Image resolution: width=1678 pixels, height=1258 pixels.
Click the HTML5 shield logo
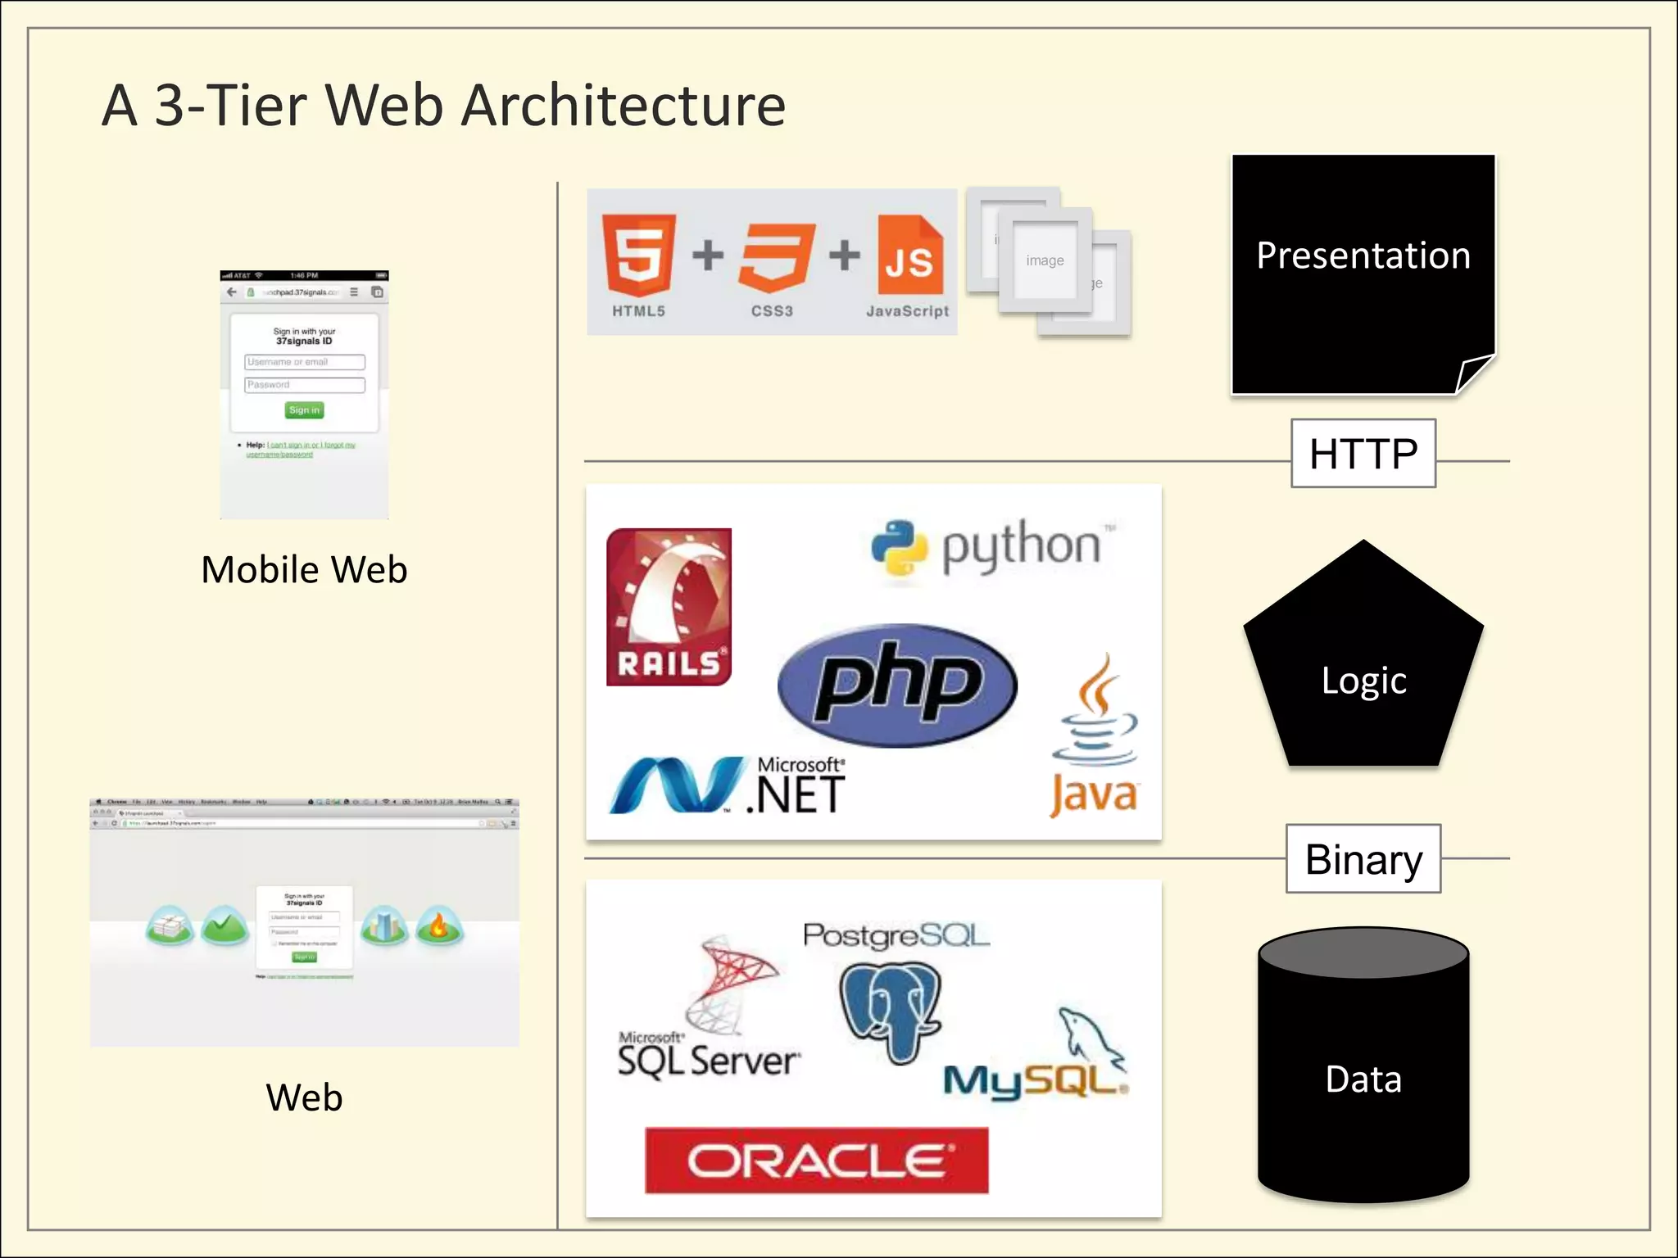[638, 255]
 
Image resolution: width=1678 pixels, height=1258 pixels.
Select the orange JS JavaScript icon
[909, 256]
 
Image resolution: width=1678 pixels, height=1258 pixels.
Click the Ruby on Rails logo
[669, 607]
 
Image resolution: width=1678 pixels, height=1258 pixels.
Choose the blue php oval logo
[897, 685]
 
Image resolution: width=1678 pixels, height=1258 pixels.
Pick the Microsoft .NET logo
[728, 785]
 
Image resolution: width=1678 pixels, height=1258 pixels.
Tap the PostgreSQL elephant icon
[891, 1011]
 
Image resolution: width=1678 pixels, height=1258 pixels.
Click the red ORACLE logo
[816, 1160]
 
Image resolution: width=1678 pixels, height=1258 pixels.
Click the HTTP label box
[1363, 454]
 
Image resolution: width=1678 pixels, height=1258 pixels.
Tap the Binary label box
[1363, 859]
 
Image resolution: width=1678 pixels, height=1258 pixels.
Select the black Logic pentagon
[1363, 672]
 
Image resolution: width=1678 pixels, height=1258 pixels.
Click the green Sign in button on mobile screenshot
[305, 410]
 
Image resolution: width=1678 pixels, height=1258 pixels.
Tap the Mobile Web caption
[304, 569]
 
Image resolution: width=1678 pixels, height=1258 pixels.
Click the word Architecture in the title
[624, 106]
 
